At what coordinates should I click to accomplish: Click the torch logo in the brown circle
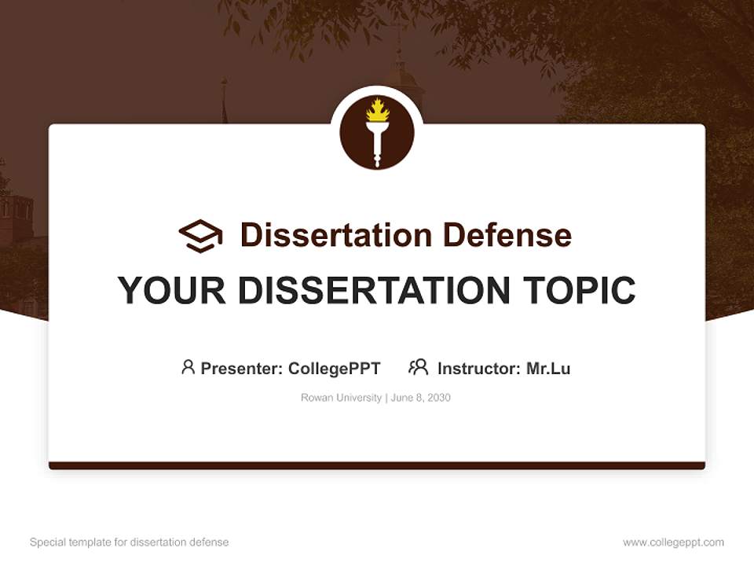point(377,133)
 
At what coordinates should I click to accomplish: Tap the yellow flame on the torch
point(377,110)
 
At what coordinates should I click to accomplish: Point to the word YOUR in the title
point(171,291)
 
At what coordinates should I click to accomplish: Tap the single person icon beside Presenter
point(188,367)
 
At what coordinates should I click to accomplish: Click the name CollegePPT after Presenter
point(335,369)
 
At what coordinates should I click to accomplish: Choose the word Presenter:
point(242,369)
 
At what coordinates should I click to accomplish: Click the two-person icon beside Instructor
point(418,367)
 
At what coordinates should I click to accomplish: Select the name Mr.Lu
point(548,369)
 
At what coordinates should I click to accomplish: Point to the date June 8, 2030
point(420,398)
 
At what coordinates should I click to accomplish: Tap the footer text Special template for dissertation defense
point(129,542)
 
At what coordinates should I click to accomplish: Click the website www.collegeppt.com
point(673,542)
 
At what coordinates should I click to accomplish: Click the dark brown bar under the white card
point(377,465)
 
